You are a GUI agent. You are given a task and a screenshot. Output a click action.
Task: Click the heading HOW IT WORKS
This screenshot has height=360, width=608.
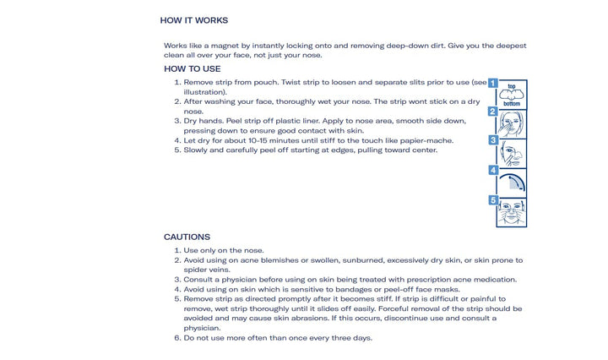[x=193, y=20]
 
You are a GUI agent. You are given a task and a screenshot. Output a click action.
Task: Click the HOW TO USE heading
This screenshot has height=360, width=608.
[x=193, y=68]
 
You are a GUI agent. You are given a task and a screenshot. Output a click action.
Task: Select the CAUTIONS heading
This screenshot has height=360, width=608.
[x=187, y=237]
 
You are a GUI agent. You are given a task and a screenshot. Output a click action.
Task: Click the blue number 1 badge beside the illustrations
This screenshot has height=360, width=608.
[x=493, y=83]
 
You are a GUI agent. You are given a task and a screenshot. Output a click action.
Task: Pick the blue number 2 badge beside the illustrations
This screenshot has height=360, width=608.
[x=493, y=112]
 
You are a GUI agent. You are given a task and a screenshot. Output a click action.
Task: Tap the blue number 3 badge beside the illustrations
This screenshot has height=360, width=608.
[x=493, y=140]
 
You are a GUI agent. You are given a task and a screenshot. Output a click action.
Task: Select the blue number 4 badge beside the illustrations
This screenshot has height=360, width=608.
[x=493, y=170]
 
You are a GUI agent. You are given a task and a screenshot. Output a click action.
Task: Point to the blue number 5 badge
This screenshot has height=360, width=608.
[x=493, y=199]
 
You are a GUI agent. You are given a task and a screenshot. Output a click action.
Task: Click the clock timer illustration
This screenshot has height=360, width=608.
[x=513, y=183]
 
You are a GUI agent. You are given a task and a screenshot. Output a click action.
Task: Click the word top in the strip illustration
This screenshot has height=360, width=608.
[x=512, y=87]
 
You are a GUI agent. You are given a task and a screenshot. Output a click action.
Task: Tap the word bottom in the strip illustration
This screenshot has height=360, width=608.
[x=512, y=103]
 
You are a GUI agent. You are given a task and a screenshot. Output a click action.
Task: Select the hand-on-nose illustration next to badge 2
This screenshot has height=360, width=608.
[x=513, y=124]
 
